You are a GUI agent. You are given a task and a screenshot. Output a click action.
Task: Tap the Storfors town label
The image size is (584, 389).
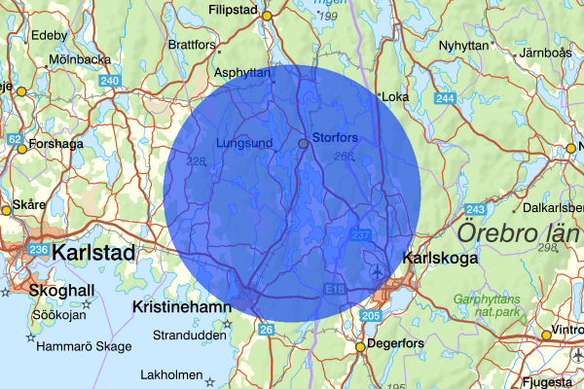tap(335, 137)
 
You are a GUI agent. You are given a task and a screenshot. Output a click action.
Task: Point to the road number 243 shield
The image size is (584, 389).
tap(476, 210)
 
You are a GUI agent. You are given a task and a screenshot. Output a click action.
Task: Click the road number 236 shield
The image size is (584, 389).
tap(39, 251)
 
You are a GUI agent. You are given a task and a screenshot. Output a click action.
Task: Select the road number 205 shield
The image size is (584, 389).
tap(370, 316)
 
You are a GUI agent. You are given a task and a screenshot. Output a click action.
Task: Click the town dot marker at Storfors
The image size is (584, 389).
tap(303, 143)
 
